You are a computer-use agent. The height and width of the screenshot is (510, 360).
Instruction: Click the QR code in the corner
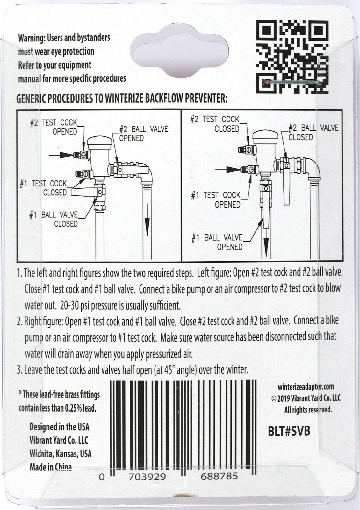292,56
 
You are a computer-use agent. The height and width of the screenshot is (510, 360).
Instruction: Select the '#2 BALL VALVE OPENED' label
143,134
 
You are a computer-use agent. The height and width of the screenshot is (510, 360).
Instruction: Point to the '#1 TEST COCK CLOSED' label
44,188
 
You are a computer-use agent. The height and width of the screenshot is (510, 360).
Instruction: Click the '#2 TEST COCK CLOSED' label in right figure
215,124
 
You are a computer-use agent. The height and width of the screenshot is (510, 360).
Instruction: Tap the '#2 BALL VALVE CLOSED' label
313,133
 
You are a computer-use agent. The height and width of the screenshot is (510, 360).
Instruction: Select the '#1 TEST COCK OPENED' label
216,200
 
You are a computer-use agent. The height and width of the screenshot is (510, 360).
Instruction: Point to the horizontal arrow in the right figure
228,170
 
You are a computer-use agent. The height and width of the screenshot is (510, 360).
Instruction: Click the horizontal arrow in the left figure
61,155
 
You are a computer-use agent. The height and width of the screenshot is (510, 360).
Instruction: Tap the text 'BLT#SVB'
289,431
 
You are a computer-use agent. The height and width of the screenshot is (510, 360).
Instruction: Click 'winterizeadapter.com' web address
306,387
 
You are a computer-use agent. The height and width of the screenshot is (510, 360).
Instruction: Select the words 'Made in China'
51,467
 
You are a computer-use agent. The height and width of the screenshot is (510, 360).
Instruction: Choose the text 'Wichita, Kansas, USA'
61,454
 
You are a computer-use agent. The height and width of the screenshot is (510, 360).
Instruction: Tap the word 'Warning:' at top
32,38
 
